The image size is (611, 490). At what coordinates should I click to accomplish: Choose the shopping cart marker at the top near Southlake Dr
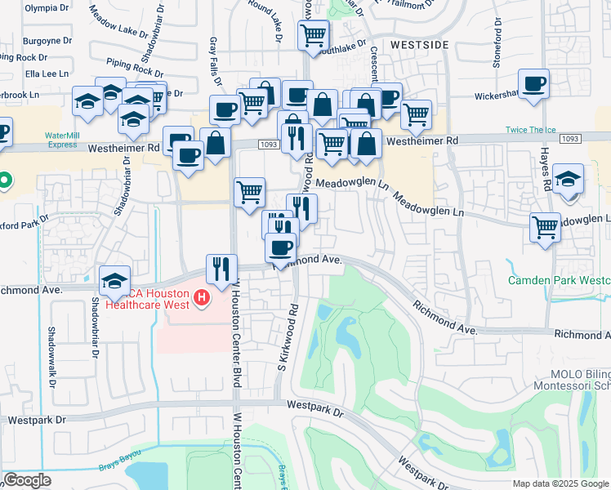[314, 36]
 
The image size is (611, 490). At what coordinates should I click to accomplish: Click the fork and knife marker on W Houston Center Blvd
[221, 269]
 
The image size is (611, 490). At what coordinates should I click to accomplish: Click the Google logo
[27, 480]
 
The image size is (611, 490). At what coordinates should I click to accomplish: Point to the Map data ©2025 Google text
[560, 483]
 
